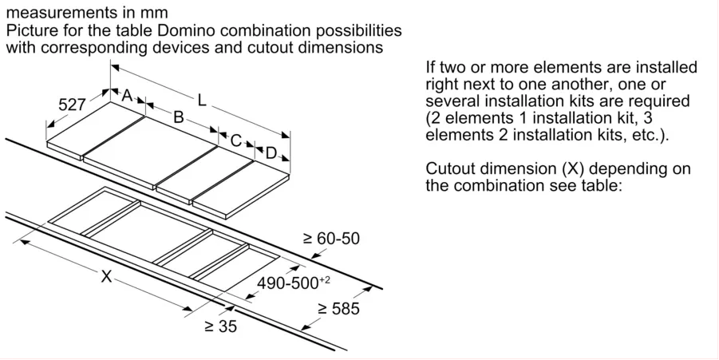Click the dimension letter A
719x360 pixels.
127,96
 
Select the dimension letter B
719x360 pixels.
179,117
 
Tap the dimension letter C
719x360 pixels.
235,140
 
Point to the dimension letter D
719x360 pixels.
271,153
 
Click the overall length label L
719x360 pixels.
202,100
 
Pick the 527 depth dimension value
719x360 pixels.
72,105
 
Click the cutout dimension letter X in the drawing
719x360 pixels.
106,276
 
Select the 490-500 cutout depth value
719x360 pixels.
294,283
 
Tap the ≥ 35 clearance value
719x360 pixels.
220,326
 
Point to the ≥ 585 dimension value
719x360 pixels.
338,309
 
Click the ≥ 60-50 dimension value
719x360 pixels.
331,239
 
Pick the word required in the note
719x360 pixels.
660,101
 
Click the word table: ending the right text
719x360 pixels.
598,186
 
